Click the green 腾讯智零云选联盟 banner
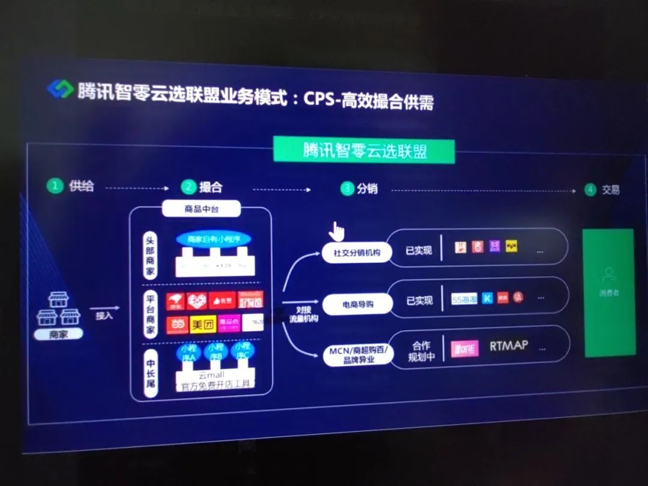point(364,150)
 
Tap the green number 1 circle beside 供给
point(55,185)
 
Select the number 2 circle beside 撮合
point(189,187)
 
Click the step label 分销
point(367,188)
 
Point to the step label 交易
point(610,190)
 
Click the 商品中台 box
point(202,209)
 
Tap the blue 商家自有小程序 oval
point(213,239)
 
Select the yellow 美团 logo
point(202,325)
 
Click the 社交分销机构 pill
point(357,253)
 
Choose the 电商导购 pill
point(358,304)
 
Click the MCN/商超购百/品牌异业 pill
point(358,355)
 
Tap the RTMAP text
point(508,346)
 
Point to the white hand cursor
point(338,230)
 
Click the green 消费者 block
point(609,292)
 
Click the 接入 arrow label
point(104,315)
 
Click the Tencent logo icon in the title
point(60,89)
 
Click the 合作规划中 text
point(421,352)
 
